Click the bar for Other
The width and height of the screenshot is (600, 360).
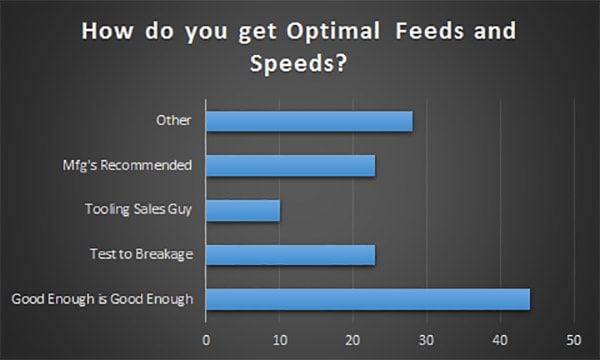(x=309, y=121)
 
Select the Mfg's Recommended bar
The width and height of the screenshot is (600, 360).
(x=290, y=165)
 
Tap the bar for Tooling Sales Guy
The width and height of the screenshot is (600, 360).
(x=243, y=210)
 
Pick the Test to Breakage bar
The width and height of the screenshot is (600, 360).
(x=290, y=254)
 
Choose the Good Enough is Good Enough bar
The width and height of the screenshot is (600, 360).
(x=367, y=298)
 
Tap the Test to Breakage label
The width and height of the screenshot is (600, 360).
(x=147, y=254)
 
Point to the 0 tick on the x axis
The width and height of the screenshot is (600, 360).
(x=206, y=338)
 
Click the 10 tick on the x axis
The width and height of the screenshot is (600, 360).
(x=279, y=338)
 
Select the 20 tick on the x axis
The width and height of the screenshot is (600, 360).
(x=353, y=338)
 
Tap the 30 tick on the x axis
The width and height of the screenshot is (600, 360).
(x=426, y=338)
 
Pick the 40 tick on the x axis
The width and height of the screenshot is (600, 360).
(x=500, y=338)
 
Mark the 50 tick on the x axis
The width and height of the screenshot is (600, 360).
(x=573, y=338)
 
